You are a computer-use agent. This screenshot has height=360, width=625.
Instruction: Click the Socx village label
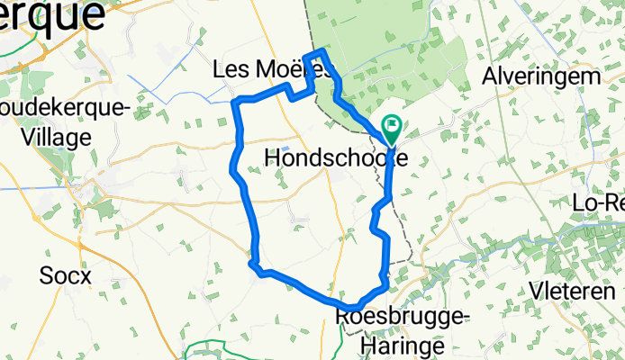[x=66, y=275]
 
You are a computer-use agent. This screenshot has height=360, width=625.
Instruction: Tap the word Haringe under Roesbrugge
[x=402, y=344]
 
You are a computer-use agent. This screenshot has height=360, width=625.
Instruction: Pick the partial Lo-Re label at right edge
[x=598, y=203]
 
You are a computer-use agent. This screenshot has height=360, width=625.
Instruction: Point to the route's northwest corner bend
[x=235, y=102]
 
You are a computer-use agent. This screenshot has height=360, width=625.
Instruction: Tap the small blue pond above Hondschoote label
[x=285, y=148]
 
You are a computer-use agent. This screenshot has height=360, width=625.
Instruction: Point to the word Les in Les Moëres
[x=230, y=68]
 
